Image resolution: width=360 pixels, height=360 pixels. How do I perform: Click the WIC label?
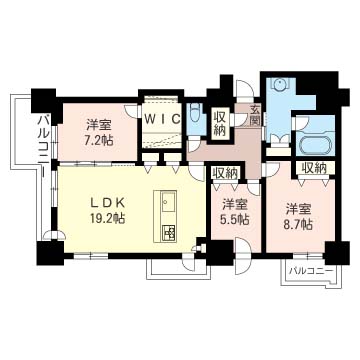click(163, 119)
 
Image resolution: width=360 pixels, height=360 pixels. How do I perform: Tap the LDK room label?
click(108, 203)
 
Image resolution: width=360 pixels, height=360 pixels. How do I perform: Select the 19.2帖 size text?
click(108, 218)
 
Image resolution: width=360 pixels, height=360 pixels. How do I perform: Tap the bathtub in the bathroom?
click(314, 144)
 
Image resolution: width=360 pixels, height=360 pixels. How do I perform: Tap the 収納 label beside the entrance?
click(219, 124)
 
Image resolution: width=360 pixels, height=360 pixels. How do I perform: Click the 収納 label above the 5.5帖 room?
click(225, 173)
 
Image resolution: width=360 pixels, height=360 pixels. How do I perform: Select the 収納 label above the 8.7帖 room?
click(314, 168)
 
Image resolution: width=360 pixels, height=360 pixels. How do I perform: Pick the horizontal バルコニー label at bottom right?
click(311, 270)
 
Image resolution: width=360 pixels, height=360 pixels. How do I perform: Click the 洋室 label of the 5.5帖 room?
click(234, 204)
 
